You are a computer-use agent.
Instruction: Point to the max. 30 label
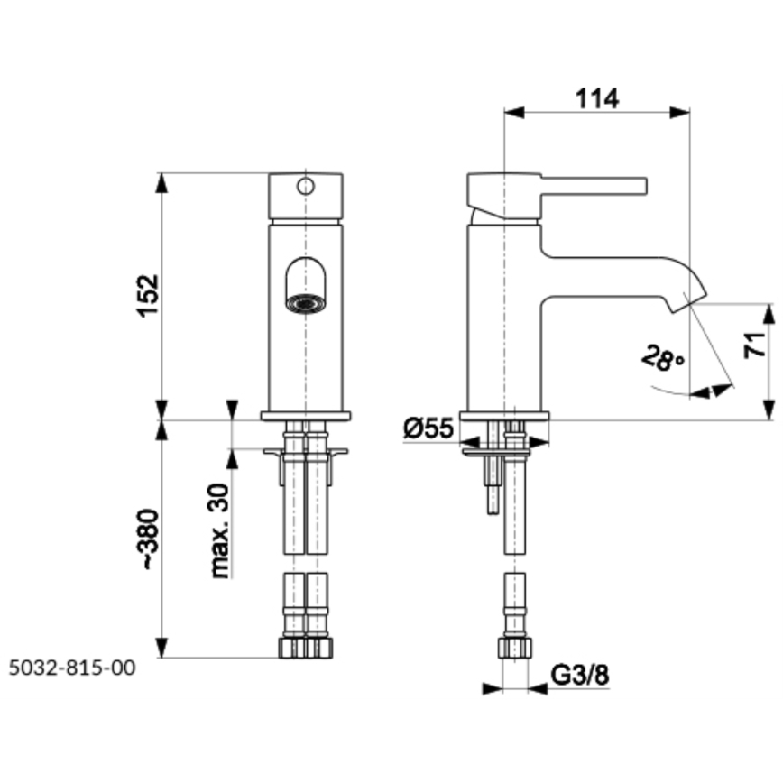point(217,530)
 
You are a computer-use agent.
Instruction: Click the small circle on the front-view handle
point(305,187)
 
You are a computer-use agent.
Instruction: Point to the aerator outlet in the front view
point(305,302)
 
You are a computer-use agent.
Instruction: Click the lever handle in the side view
point(595,185)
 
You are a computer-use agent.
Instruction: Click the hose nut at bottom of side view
point(515,648)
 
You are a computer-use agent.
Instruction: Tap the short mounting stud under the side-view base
point(492,487)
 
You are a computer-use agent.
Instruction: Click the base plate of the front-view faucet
point(305,416)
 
